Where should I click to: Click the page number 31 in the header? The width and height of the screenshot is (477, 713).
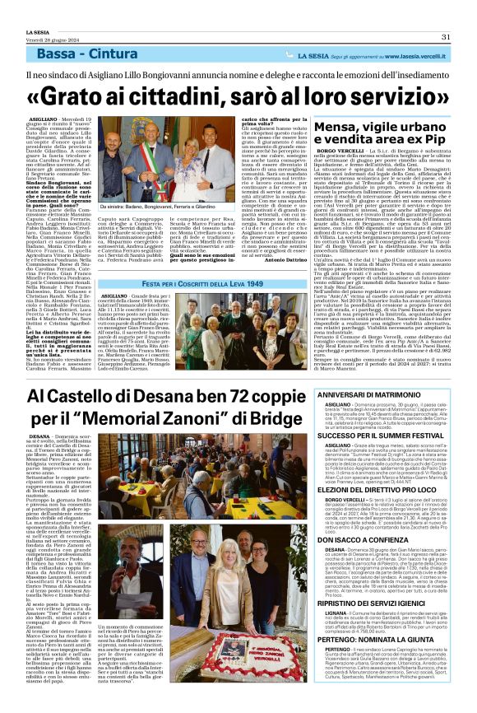[x=444, y=36]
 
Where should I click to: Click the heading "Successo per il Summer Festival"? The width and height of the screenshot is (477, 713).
[x=386, y=436]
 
